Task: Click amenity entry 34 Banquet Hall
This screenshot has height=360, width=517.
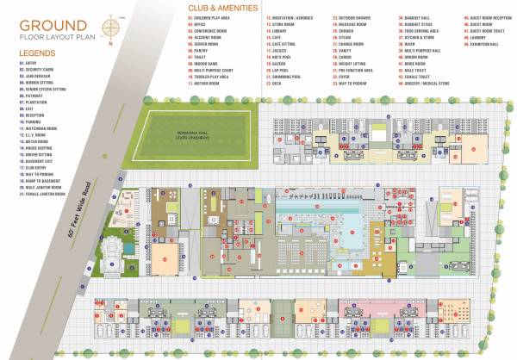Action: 412,17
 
